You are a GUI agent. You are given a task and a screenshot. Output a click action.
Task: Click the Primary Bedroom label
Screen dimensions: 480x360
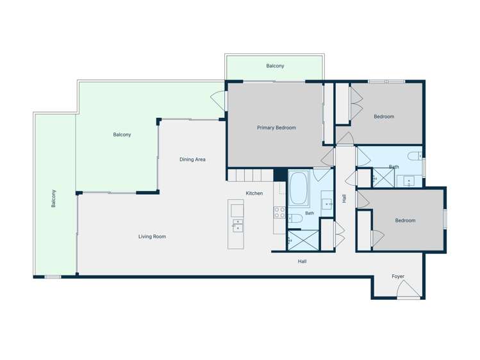point(276,127)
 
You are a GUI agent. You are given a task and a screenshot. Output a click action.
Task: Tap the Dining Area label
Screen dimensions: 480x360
point(192,160)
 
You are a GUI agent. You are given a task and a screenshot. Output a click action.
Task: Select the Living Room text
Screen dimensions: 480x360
point(152,236)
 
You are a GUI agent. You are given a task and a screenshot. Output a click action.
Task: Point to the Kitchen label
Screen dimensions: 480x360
point(254,193)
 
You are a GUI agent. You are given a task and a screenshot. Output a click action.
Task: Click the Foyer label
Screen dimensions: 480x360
point(398,276)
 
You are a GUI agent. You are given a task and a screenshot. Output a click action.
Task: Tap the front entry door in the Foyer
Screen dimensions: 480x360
point(408,290)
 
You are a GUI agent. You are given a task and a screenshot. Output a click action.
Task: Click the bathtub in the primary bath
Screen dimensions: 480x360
point(298,188)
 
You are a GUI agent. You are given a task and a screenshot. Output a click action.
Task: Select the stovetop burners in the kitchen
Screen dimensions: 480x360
point(279,212)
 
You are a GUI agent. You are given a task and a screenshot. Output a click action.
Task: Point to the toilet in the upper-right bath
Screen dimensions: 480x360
point(415,156)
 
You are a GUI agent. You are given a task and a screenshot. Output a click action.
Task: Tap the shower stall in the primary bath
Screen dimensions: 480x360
point(304,240)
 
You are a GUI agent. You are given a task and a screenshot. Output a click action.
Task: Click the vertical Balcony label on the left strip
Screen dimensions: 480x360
point(54,199)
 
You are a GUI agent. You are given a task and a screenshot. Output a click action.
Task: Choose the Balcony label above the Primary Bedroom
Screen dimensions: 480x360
point(275,66)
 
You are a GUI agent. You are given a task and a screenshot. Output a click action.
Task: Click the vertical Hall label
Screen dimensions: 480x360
point(344,199)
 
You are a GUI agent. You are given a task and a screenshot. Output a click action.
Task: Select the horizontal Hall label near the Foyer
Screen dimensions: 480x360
point(302,261)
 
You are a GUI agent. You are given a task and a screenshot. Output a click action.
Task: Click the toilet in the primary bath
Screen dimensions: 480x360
point(295,218)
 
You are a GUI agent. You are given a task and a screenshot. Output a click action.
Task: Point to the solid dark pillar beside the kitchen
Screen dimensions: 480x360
point(280,175)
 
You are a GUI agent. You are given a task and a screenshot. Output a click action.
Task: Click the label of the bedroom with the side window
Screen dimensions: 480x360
point(405,220)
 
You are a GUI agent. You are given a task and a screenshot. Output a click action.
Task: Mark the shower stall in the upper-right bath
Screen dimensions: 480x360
point(383,177)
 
